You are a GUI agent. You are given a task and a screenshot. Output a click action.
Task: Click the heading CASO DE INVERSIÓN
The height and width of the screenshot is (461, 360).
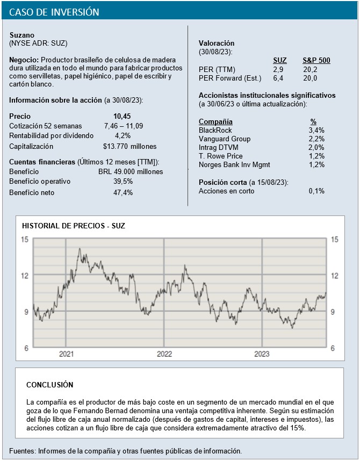point(54,12)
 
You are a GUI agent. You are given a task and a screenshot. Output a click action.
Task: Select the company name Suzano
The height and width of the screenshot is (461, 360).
point(22,35)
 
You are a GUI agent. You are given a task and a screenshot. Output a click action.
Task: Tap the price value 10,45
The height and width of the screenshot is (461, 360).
point(122,116)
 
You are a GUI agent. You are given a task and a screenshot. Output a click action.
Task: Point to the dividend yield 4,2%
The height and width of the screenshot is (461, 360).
point(123,135)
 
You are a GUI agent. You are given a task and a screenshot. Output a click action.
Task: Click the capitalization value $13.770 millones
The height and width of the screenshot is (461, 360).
point(129,146)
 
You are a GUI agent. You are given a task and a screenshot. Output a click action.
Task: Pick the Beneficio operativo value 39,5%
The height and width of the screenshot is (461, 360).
point(123,182)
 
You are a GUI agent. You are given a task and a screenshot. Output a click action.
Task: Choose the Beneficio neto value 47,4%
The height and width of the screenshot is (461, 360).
point(123,192)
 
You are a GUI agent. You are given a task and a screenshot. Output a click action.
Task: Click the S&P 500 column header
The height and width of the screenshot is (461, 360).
point(316,61)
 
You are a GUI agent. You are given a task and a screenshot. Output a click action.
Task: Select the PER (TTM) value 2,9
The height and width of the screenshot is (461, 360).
point(278,69)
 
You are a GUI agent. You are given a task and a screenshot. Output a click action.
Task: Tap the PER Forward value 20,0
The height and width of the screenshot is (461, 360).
point(310,78)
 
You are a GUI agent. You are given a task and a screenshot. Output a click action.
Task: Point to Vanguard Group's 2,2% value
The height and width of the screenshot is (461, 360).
point(317,139)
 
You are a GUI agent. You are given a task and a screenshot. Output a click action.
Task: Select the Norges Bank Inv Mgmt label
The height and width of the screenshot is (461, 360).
point(234,164)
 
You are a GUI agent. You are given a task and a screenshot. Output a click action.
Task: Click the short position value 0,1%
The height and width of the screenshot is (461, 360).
point(316,191)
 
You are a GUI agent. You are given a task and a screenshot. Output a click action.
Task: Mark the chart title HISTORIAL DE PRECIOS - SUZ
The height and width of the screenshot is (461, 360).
point(73,226)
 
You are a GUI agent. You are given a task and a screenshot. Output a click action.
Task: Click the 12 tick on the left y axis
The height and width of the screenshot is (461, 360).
point(24,276)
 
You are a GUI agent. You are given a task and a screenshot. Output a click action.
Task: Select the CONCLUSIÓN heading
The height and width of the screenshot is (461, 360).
point(49,385)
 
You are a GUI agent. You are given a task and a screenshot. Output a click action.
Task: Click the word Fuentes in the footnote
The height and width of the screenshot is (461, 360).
point(22,450)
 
